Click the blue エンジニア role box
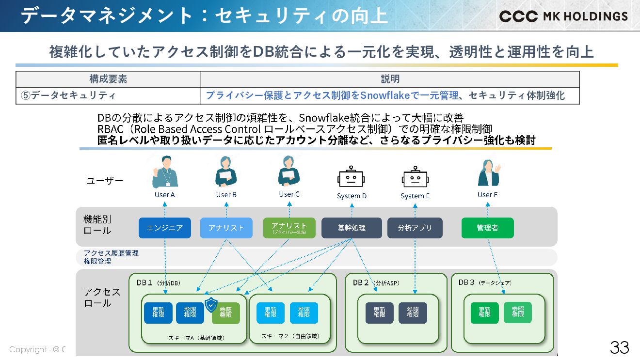click(x=165, y=228)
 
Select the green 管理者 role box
click(x=487, y=228)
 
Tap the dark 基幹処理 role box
click(x=352, y=228)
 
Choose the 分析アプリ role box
click(x=415, y=228)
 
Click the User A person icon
click(x=165, y=172)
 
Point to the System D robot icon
click(x=351, y=177)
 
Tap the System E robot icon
click(x=416, y=177)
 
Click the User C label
click(x=289, y=194)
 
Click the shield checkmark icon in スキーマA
click(x=211, y=305)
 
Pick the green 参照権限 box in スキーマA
click(x=226, y=313)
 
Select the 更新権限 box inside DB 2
click(x=379, y=313)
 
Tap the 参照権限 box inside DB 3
click(x=517, y=313)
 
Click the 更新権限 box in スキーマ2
click(x=271, y=313)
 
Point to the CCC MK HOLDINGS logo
click(x=563, y=16)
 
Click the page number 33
click(x=620, y=347)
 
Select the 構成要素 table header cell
click(x=108, y=79)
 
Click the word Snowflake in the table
click(x=385, y=95)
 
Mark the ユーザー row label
click(x=105, y=181)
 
